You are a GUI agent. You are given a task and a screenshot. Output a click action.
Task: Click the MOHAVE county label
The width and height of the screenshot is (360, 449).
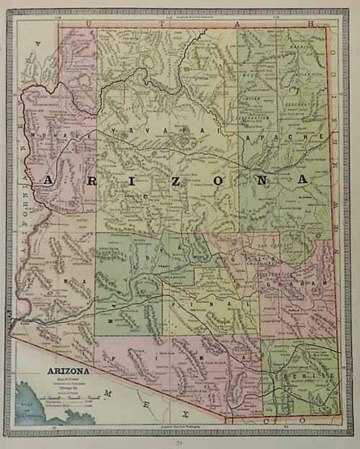click(x=60, y=135)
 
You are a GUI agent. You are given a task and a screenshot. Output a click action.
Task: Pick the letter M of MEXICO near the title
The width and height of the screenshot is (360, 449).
click(x=107, y=394)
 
